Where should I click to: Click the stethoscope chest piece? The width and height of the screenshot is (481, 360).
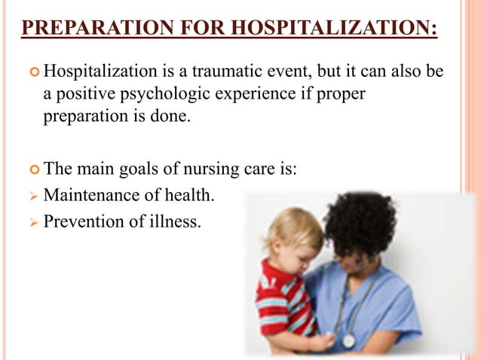coord(348,340)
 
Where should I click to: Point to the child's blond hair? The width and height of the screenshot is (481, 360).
coord(290,230)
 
